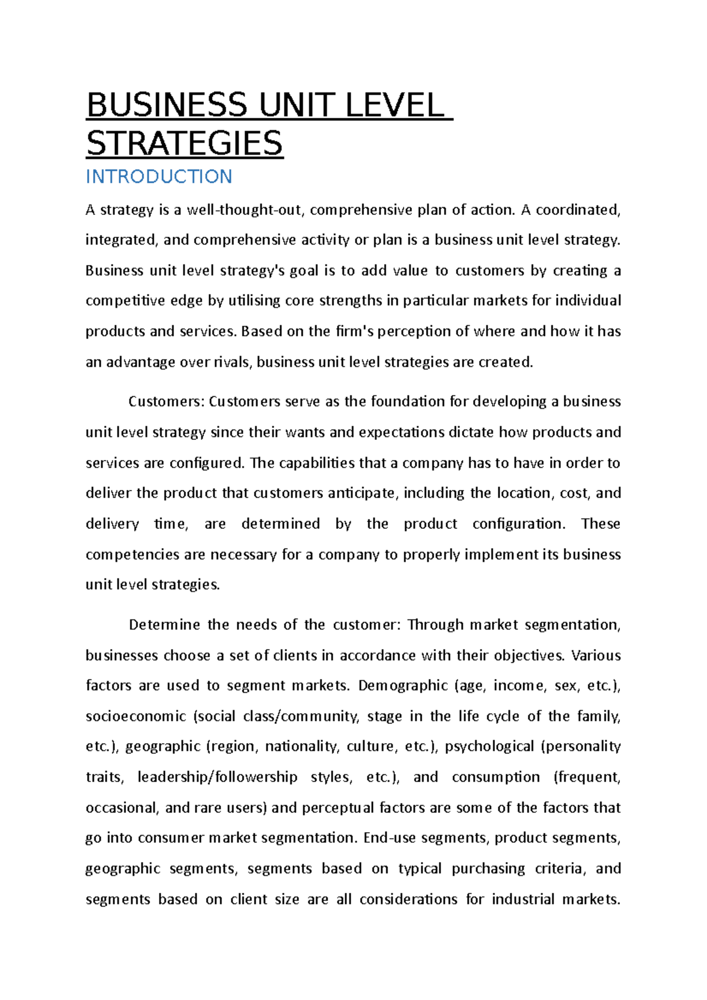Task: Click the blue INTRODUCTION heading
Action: (x=158, y=176)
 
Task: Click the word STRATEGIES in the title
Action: (x=184, y=144)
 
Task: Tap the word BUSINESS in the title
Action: (x=167, y=106)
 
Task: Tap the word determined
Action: (x=280, y=524)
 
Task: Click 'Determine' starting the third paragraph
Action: (x=164, y=625)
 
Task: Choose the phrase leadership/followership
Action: (x=217, y=777)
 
